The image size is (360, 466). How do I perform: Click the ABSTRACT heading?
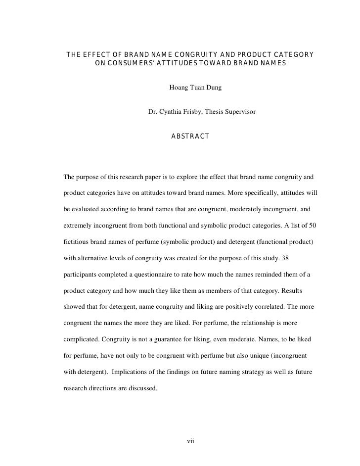pos(190,136)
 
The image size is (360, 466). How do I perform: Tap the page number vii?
pos(190,441)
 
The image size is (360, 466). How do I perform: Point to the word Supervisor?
pos(240,112)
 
